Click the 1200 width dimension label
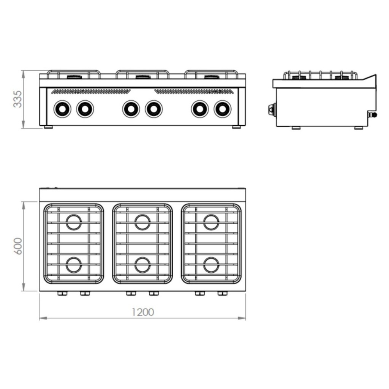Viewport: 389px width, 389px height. [x=143, y=312]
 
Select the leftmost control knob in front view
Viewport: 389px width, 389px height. [x=62, y=109]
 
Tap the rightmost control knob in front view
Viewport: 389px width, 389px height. [x=222, y=109]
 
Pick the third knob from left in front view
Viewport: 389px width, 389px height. [x=131, y=109]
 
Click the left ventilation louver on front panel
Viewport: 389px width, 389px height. [x=91, y=92]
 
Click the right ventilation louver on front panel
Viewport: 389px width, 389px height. [x=193, y=92]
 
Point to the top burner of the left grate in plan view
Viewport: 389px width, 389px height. [x=74, y=222]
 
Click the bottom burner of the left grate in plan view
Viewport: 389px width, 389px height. [x=74, y=265]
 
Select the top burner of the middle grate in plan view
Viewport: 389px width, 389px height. [x=142, y=222]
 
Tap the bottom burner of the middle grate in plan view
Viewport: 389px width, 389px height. [x=142, y=265]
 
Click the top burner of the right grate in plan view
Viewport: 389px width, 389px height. [x=211, y=222]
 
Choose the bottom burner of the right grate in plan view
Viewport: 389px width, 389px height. [x=211, y=265]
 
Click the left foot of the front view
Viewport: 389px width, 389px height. [x=48, y=127]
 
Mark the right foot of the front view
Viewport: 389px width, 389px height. [x=236, y=127]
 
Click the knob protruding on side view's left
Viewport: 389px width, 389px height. [x=271, y=109]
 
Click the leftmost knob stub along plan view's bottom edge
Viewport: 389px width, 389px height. [x=62, y=294]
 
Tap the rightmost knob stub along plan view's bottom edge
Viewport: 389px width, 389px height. [x=222, y=294]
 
